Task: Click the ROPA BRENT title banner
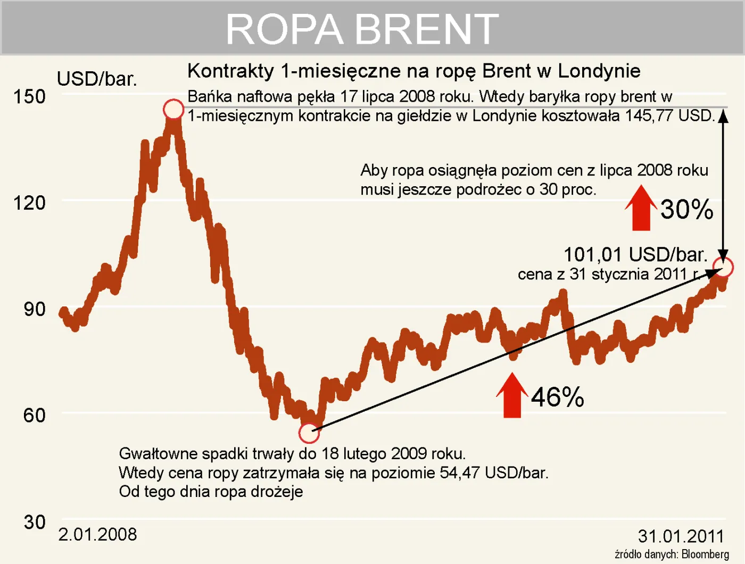pos(362,29)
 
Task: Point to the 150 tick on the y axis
pos(29,97)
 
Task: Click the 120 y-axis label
pos(29,203)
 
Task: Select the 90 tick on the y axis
pos(34,309)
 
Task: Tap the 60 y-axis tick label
pos(34,415)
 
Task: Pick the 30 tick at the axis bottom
pos(34,522)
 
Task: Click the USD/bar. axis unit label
pos(97,79)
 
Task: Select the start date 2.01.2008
pos(97,534)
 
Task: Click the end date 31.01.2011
pos(681,536)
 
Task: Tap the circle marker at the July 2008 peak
pos(173,109)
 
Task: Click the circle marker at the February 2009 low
pos(309,433)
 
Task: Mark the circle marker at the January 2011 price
pos(723,267)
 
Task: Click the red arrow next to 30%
pos(641,209)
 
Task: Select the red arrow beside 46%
pos(512,395)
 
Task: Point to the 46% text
pos(557,397)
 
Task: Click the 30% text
pos(686,209)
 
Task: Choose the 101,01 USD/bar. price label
pos(635,254)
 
